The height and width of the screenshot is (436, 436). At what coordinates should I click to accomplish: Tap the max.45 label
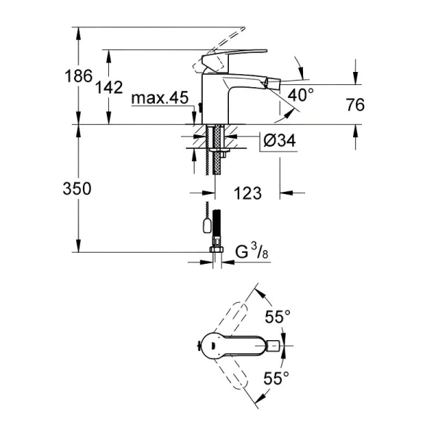pyautogui.click(x=160, y=98)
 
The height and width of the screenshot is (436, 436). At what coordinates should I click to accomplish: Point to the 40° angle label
pyautogui.click(x=300, y=94)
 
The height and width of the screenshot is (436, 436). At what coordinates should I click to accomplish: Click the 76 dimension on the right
pyautogui.click(x=355, y=105)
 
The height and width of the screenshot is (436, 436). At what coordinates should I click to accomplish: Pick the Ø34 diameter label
pyautogui.click(x=277, y=141)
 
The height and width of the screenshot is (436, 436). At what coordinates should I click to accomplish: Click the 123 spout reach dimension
pyautogui.click(x=248, y=193)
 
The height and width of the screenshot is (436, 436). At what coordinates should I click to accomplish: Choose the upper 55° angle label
pyautogui.click(x=277, y=317)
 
